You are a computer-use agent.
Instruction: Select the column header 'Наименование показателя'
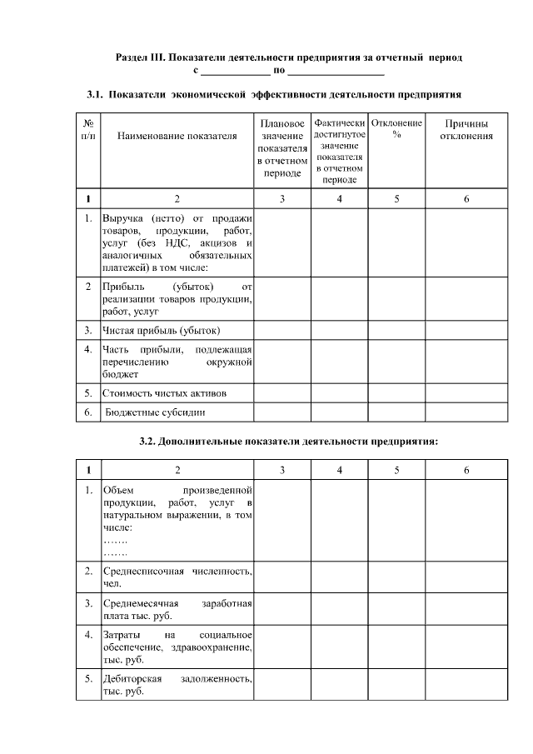tap(177, 135)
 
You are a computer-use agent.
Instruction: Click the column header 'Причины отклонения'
tap(466, 129)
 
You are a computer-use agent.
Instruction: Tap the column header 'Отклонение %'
tap(396, 129)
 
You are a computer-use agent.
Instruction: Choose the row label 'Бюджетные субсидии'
tap(154, 412)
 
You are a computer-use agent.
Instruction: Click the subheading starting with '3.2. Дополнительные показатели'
tap(288, 441)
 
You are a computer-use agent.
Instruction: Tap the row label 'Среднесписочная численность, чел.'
tap(177, 577)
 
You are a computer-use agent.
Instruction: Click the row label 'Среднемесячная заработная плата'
tap(177, 608)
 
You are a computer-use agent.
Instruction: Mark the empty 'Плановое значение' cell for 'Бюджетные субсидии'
tap(282, 412)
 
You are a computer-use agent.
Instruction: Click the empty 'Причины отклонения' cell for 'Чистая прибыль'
tap(466, 329)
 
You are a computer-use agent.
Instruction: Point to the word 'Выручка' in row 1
tap(122, 217)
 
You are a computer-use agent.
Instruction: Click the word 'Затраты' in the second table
tap(122, 636)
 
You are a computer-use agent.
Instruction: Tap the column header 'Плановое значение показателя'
tap(282, 148)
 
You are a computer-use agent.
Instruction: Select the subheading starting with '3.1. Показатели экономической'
tap(274, 95)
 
